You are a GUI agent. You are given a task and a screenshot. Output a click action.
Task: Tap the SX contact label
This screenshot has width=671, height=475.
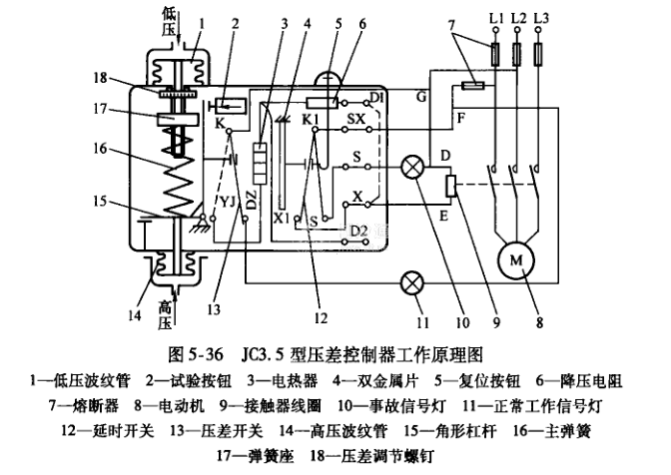[357, 120]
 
